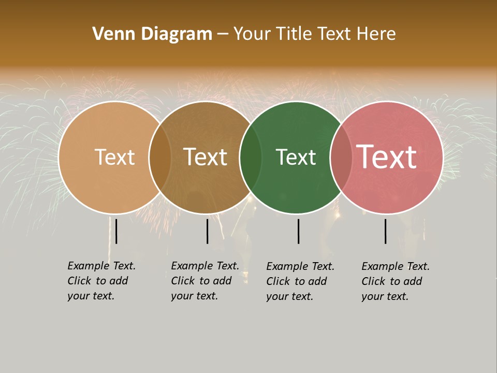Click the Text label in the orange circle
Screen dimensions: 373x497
(114, 157)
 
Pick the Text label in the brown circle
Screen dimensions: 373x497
(206, 157)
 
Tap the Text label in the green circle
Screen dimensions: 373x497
(296, 157)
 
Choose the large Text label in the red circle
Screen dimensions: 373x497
(387, 157)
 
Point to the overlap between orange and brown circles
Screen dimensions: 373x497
(160, 157)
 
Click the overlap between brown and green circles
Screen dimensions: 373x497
(251, 157)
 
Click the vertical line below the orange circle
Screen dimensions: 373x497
(116, 231)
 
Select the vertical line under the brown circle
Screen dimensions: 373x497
(207, 231)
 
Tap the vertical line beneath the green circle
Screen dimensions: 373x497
(298, 231)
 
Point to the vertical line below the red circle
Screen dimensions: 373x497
(385, 231)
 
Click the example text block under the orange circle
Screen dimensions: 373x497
(101, 281)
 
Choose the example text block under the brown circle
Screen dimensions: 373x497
(204, 281)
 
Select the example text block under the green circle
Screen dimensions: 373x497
(300, 281)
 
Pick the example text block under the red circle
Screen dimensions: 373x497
(395, 281)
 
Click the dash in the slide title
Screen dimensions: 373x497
(223, 34)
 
